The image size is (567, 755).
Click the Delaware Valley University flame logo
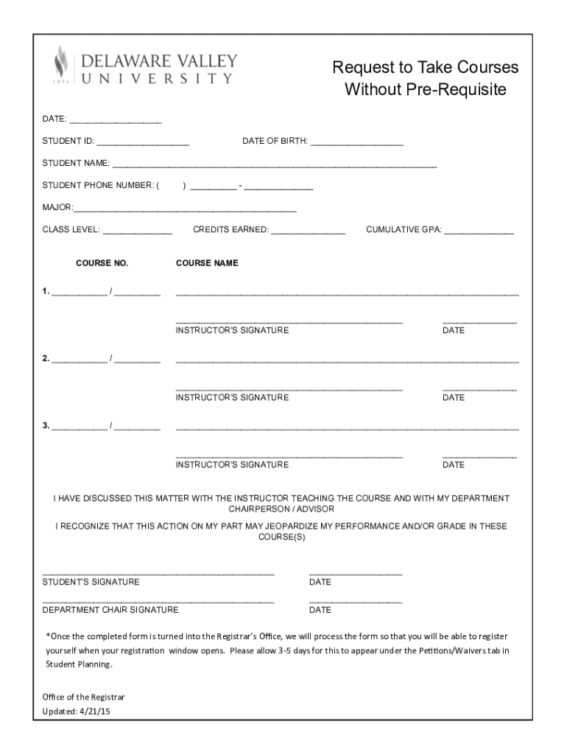[x=62, y=65]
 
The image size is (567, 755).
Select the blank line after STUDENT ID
[x=143, y=142]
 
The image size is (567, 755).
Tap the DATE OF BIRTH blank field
[x=357, y=142]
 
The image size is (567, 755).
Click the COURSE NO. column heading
[x=102, y=263]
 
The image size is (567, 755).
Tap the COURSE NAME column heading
[x=207, y=263]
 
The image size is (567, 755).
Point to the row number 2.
[x=46, y=359]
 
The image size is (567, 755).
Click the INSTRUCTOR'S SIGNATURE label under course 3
[x=232, y=465]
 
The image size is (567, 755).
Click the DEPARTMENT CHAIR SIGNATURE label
[x=110, y=610]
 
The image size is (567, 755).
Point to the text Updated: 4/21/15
[x=76, y=711]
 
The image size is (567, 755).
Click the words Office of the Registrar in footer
[x=83, y=697]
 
